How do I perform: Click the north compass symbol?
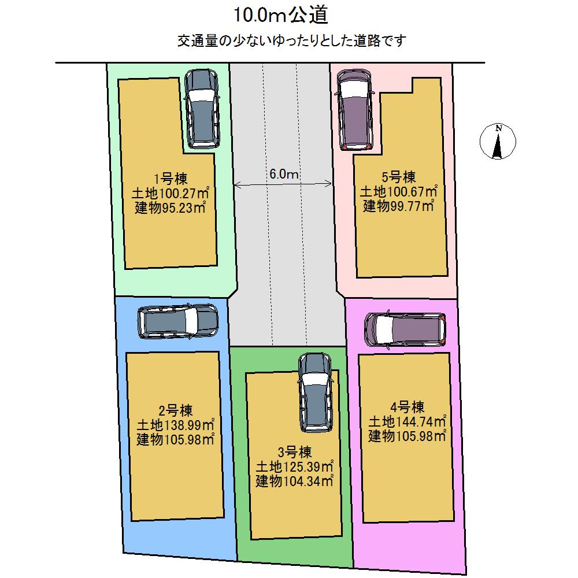498,140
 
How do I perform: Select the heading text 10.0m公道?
281,16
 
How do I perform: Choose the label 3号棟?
295,451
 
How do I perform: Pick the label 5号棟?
398,177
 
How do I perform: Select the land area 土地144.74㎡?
407,421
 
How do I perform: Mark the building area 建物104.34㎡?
295,480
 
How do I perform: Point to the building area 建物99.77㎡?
398,205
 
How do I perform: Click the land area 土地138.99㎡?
176,425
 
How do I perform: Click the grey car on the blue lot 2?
178,321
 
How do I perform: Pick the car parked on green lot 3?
314,391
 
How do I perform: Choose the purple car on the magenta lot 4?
406,329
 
